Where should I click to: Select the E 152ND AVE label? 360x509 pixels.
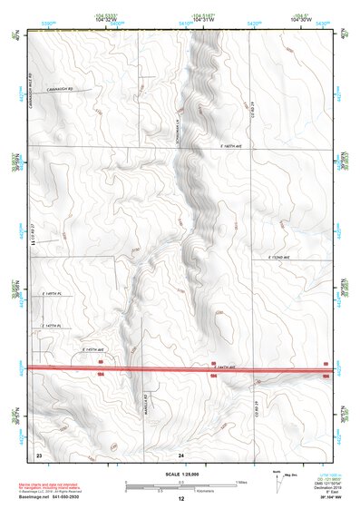tap(284, 259)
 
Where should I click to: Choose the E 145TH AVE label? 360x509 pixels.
tap(95, 349)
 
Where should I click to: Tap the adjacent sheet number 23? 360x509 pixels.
tap(39, 453)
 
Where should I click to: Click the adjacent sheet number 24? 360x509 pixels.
tap(181, 453)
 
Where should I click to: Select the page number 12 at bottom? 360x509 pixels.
tap(180, 500)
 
